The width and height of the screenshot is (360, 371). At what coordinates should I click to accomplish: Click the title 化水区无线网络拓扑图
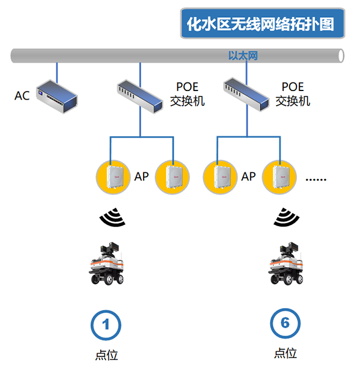point(260,24)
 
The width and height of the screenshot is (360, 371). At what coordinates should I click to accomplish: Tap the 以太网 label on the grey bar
point(243,56)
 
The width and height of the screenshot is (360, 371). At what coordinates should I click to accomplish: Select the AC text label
point(22,96)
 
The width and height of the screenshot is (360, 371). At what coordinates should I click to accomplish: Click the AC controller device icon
point(57,97)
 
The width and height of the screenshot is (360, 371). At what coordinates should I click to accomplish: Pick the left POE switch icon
point(140,97)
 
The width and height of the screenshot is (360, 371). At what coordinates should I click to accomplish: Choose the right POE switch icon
point(246,95)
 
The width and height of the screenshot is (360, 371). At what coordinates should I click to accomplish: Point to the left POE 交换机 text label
point(187,94)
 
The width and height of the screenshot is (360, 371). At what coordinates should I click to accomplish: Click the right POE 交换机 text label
point(293,94)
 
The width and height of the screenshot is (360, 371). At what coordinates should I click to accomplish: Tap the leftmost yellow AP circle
point(113,177)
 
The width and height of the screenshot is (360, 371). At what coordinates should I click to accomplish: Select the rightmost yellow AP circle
point(279,177)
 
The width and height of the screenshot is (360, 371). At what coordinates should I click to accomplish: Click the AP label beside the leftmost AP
point(141,177)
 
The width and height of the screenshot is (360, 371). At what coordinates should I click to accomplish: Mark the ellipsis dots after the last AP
point(316,180)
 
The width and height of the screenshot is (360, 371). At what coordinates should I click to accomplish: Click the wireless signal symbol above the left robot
point(112,217)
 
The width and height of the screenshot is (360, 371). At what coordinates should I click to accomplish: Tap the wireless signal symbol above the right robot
point(287,217)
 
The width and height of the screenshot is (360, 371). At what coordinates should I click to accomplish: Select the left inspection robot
point(106,263)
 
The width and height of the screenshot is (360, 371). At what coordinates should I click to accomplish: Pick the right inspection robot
point(285,263)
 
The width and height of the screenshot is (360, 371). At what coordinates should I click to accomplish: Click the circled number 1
point(106,325)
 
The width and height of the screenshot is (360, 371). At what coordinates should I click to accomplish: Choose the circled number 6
point(285,323)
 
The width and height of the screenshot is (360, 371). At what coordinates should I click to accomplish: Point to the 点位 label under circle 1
point(106,355)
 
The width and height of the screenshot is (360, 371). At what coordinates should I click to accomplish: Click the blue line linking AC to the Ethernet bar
point(57,73)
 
